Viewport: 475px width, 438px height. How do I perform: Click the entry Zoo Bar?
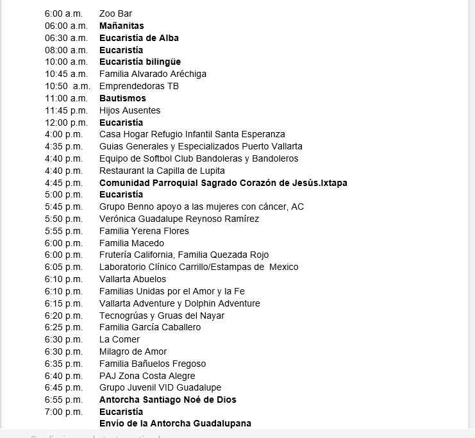115,13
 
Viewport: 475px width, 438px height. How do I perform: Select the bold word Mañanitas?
121,26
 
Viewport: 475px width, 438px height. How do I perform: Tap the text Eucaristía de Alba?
138,38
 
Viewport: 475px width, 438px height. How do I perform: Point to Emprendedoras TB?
138,86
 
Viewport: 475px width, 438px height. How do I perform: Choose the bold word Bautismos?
122,98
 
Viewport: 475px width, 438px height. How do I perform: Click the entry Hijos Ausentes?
129,110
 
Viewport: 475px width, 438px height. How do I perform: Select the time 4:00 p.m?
63,134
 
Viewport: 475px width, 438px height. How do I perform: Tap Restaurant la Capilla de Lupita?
162,171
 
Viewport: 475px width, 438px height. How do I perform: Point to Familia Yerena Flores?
144,231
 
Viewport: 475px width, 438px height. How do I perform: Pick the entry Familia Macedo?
131,243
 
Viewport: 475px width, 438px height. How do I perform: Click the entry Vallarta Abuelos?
132,279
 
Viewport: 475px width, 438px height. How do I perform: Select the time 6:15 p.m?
63,303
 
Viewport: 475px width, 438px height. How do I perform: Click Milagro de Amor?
133,351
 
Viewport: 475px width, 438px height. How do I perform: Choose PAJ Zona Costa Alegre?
147,376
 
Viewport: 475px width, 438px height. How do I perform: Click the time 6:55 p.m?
63,400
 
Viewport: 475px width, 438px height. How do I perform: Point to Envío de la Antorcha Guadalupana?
175,423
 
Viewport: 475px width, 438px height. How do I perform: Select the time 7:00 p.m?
63,412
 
